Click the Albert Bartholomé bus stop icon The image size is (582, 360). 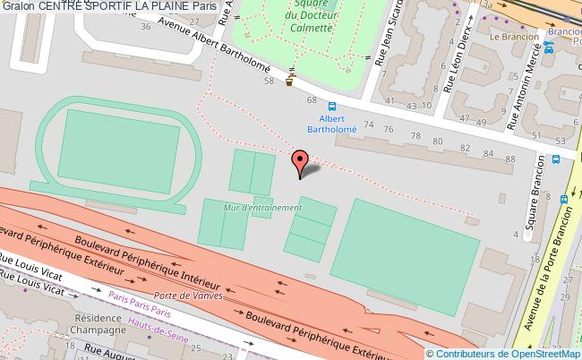point(332,104)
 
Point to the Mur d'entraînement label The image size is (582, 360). point(263,208)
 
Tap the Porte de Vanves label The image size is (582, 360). point(189,296)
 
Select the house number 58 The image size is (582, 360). point(268,81)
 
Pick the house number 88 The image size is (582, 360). point(486,154)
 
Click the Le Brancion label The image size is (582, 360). point(513,38)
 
